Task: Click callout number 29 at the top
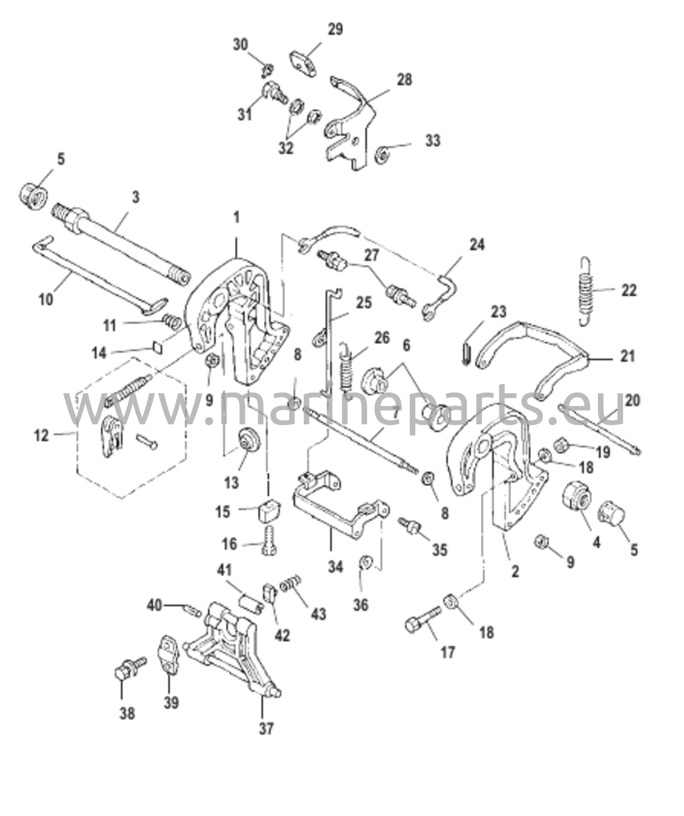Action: click(x=335, y=30)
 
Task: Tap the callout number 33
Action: click(x=433, y=141)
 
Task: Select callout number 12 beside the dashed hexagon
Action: click(x=41, y=435)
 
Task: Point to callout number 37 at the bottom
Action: click(x=267, y=729)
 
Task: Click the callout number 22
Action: click(x=629, y=290)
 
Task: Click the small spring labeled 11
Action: click(x=173, y=320)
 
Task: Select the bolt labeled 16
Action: click(x=271, y=539)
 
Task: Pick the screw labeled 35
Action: click(x=411, y=525)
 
